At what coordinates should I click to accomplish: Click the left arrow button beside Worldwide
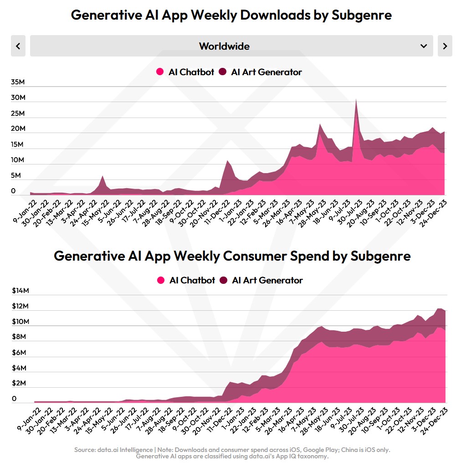[x=18, y=46]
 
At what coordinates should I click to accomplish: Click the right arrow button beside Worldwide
[x=445, y=46]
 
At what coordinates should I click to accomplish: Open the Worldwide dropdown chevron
[x=424, y=46]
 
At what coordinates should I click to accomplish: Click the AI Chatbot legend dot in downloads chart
[x=160, y=72]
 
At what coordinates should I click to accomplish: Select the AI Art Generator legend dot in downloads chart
[x=223, y=72]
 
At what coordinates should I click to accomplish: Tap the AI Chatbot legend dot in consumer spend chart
[x=161, y=280]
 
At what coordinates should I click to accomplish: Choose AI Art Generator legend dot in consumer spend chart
[x=224, y=280]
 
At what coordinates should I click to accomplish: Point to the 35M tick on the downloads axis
[x=18, y=82]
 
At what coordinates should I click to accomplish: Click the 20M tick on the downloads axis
[x=18, y=129]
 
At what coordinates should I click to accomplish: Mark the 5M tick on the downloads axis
[x=16, y=175]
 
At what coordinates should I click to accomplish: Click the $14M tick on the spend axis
[x=20, y=291]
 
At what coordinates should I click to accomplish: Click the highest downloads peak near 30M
[x=356, y=100]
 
